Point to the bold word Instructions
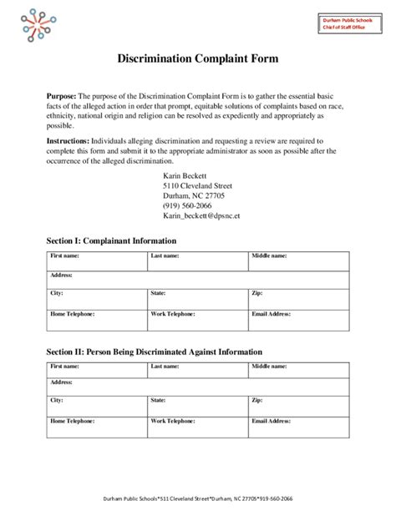(x=69, y=141)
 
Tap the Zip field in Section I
(x=298, y=299)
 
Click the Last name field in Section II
(x=197, y=372)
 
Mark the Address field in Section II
(x=197, y=387)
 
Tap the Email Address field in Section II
(x=298, y=428)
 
